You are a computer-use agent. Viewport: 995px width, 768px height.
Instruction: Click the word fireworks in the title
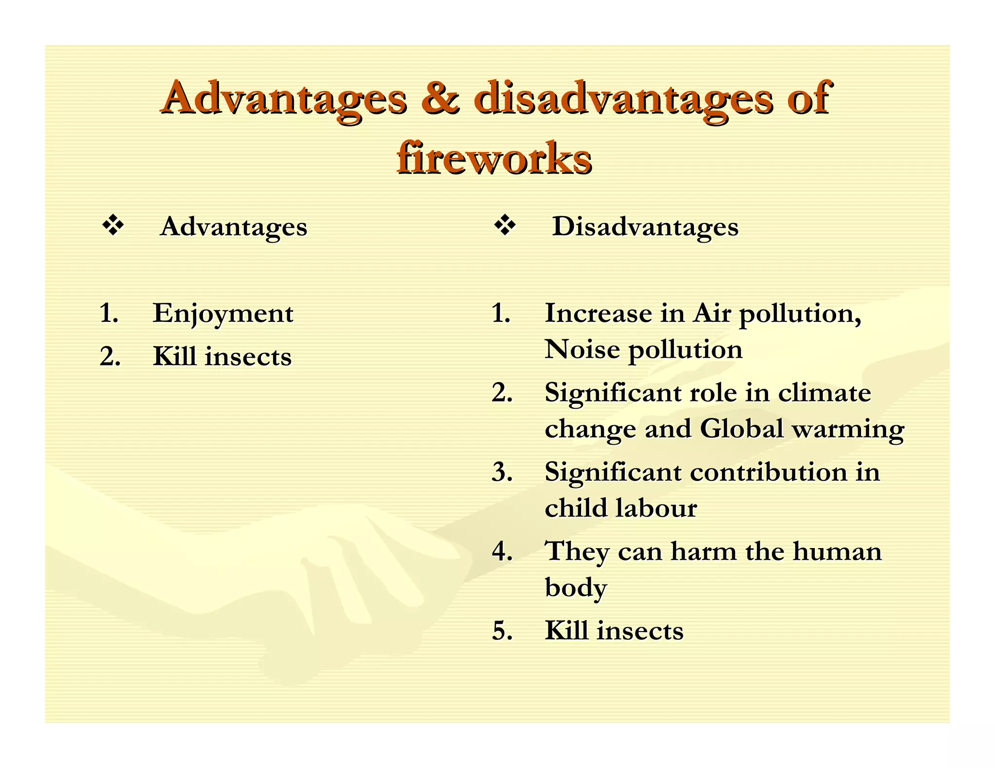coord(494,158)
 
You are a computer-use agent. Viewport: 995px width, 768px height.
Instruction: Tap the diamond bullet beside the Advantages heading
coord(113,226)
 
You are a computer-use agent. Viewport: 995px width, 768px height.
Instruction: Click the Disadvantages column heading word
coord(645,227)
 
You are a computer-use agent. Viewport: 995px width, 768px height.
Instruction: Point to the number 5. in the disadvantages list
coord(502,631)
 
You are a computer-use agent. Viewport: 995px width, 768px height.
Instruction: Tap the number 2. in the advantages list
coord(110,357)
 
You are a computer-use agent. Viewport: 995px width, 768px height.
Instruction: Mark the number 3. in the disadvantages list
coord(502,472)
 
